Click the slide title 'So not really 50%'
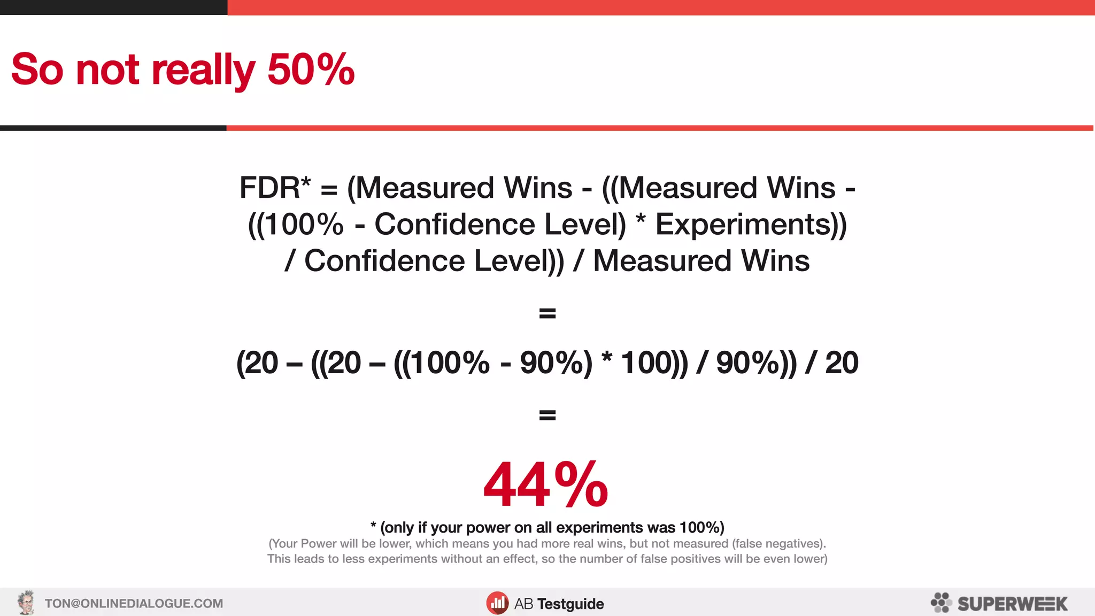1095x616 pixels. tap(183, 70)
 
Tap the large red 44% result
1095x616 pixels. tap(545, 484)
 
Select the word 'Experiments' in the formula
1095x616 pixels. tap(743, 224)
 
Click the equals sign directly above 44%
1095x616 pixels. tap(547, 415)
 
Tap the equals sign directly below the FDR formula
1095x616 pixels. tap(547, 313)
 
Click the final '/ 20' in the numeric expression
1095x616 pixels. tap(832, 363)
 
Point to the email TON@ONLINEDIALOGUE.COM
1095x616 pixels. tap(134, 604)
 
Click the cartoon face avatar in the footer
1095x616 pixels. tap(26, 603)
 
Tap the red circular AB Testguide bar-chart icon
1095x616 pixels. tap(497, 603)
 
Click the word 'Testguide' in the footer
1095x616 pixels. tap(570, 604)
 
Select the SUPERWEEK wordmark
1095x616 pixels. tap(1012, 604)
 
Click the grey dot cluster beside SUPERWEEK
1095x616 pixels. tap(941, 603)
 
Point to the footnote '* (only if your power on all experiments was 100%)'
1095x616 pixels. tap(547, 527)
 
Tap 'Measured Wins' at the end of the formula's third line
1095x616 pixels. tap(701, 261)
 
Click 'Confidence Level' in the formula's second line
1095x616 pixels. tap(500, 224)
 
